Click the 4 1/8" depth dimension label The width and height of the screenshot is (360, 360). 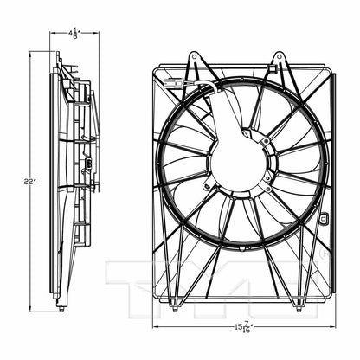pos(75,35)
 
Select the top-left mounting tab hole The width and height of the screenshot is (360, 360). pos(193,60)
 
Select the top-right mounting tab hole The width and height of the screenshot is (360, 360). pos(278,60)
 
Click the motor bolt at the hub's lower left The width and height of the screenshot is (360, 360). pos(205,183)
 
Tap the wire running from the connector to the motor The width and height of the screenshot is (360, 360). pos(202,84)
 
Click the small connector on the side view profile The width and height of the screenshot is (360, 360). pos(88,162)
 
